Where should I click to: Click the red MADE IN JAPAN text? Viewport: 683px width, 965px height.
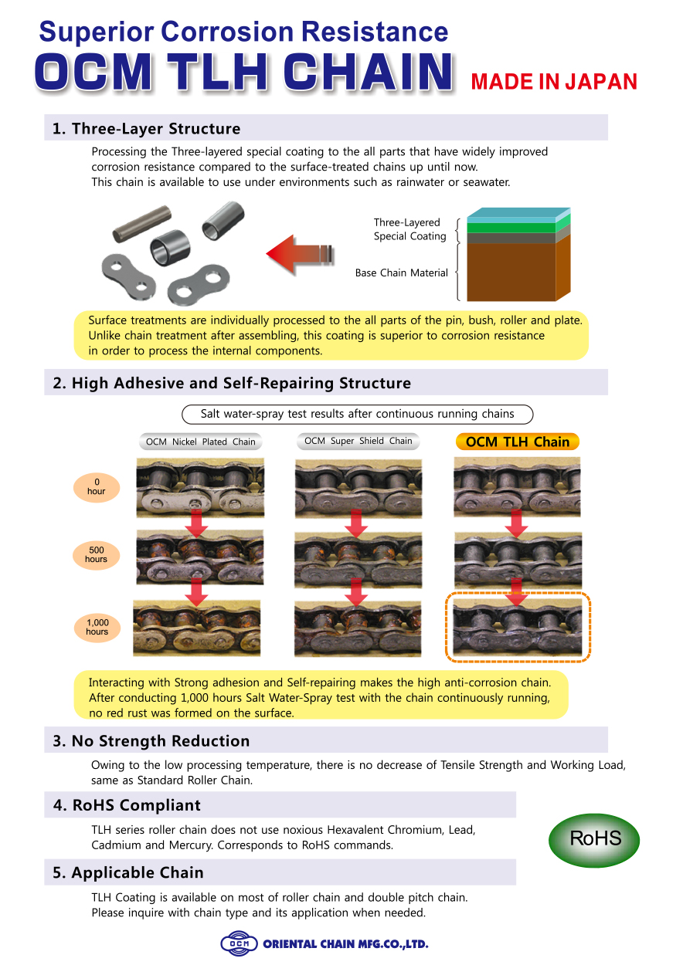pos(554,82)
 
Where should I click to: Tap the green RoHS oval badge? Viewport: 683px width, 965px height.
pos(594,838)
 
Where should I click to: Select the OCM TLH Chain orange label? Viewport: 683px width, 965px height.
pos(517,442)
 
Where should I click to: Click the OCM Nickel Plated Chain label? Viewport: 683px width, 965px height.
pos(200,442)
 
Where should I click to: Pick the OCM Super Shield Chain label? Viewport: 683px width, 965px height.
pos(358,441)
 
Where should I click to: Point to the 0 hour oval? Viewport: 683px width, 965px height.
pos(96,486)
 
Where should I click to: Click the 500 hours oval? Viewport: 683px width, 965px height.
pos(96,554)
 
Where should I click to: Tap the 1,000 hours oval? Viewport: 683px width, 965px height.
pos(97,627)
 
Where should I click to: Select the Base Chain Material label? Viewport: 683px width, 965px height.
pos(401,273)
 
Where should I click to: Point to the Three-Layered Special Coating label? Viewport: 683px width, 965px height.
pos(409,229)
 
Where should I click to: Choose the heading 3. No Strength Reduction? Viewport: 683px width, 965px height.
pos(151,741)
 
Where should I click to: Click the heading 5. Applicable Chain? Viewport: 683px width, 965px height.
pos(127,872)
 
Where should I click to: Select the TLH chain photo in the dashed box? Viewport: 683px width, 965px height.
pos(517,627)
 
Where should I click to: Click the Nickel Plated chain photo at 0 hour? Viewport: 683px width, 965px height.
pos(200,487)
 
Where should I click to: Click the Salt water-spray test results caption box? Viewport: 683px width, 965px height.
pos(357,414)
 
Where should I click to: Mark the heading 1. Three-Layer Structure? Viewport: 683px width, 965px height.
pos(146,128)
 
